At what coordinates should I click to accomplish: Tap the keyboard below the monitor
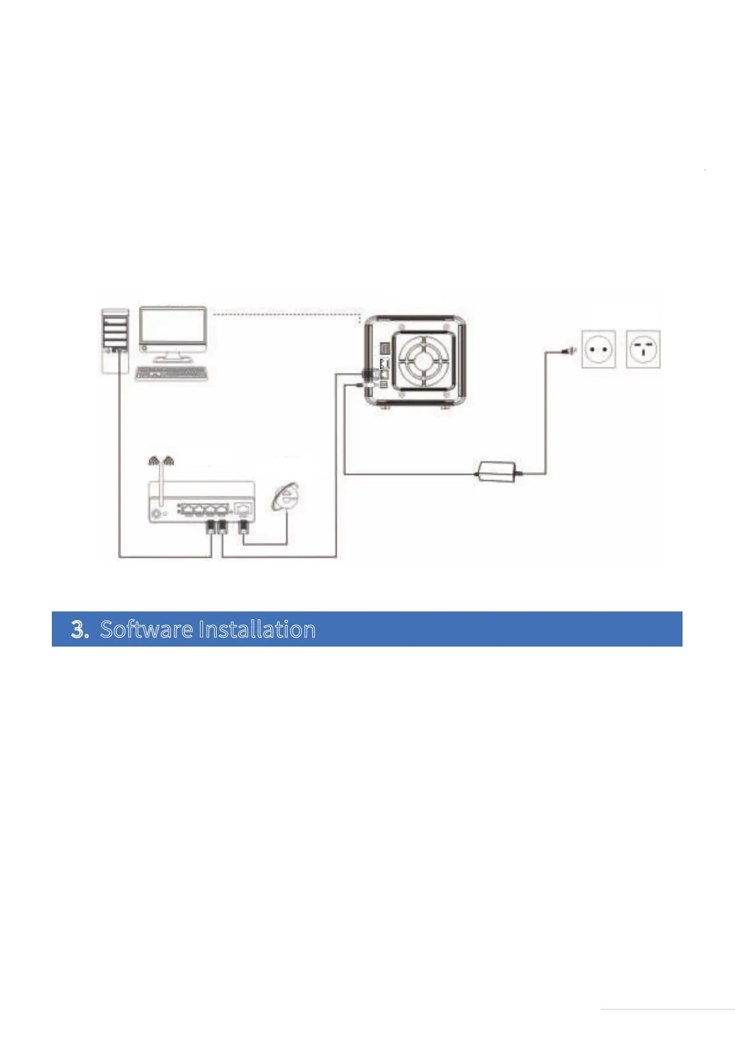point(171,373)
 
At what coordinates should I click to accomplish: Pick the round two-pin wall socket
point(598,349)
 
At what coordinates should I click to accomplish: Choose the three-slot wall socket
point(643,349)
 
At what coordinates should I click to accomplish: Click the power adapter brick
point(497,470)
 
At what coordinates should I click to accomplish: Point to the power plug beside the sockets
point(566,351)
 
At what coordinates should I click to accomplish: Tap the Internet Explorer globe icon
point(286,497)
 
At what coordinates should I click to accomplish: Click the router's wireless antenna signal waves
point(161,460)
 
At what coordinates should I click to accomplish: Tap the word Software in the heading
point(146,629)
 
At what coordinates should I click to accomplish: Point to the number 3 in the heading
point(78,629)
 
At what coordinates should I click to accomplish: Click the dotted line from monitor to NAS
point(284,314)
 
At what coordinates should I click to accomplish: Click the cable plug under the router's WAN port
point(244,528)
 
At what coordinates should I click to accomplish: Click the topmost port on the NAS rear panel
point(383,349)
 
